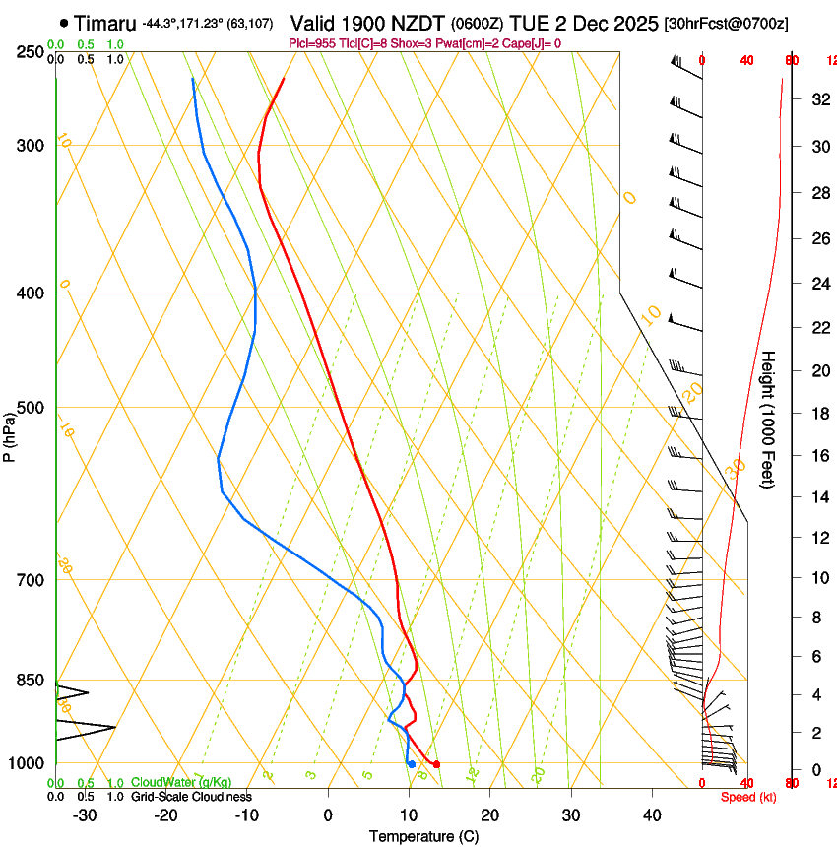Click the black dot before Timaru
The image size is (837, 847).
pyautogui.click(x=64, y=23)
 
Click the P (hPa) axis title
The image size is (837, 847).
pyautogui.click(x=9, y=434)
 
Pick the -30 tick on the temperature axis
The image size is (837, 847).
pyautogui.click(x=86, y=814)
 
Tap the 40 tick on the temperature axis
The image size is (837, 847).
pyautogui.click(x=652, y=814)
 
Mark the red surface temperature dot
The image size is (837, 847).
pyautogui.click(x=436, y=764)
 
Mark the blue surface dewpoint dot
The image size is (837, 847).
pyautogui.click(x=411, y=764)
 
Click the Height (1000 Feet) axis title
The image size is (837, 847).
pyautogui.click(x=769, y=419)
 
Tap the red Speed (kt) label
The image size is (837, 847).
pyautogui.click(x=748, y=797)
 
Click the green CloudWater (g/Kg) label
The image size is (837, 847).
pyautogui.click(x=181, y=783)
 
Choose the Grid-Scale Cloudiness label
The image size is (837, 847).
pyautogui.click(x=191, y=797)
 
